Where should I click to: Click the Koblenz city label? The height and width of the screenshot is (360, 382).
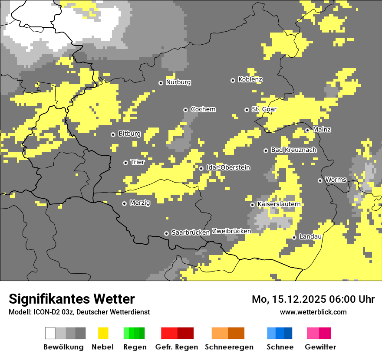pyautogui.click(x=250, y=80)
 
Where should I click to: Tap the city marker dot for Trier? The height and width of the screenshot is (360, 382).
pyautogui.click(x=125, y=163)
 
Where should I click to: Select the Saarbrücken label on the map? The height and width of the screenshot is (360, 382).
pyautogui.click(x=191, y=232)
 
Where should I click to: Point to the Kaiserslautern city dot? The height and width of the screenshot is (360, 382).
pyautogui.click(x=252, y=205)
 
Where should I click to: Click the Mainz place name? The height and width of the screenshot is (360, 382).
pyautogui.click(x=322, y=130)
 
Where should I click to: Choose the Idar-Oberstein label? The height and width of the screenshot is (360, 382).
pyautogui.click(x=228, y=167)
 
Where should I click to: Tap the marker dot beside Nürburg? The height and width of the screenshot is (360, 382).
pyautogui.click(x=161, y=83)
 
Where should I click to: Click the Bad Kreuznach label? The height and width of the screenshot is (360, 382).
pyautogui.click(x=293, y=150)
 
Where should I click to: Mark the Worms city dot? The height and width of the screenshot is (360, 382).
pyautogui.click(x=320, y=180)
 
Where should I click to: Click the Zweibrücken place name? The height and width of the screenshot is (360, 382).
pyautogui.click(x=231, y=231)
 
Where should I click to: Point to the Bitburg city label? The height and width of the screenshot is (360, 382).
pyautogui.click(x=129, y=134)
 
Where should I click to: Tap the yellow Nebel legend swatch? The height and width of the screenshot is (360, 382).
pyautogui.click(x=103, y=333)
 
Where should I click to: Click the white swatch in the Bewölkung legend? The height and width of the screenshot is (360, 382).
pyautogui.click(x=50, y=333)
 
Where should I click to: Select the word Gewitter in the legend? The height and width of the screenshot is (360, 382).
pyautogui.click(x=320, y=347)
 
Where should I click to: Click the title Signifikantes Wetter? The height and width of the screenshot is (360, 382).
pyautogui.click(x=72, y=299)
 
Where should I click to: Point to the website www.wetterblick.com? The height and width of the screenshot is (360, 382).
pyautogui.click(x=313, y=312)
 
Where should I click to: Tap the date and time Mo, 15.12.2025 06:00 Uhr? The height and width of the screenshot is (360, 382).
pyautogui.click(x=313, y=299)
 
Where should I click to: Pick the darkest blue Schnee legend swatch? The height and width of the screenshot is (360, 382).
pyautogui.click(x=288, y=333)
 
